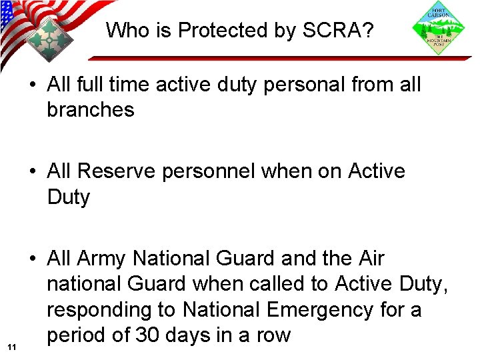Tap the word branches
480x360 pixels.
point(91,110)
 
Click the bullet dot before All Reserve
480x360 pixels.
point(32,172)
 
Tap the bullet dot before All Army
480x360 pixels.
point(32,259)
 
